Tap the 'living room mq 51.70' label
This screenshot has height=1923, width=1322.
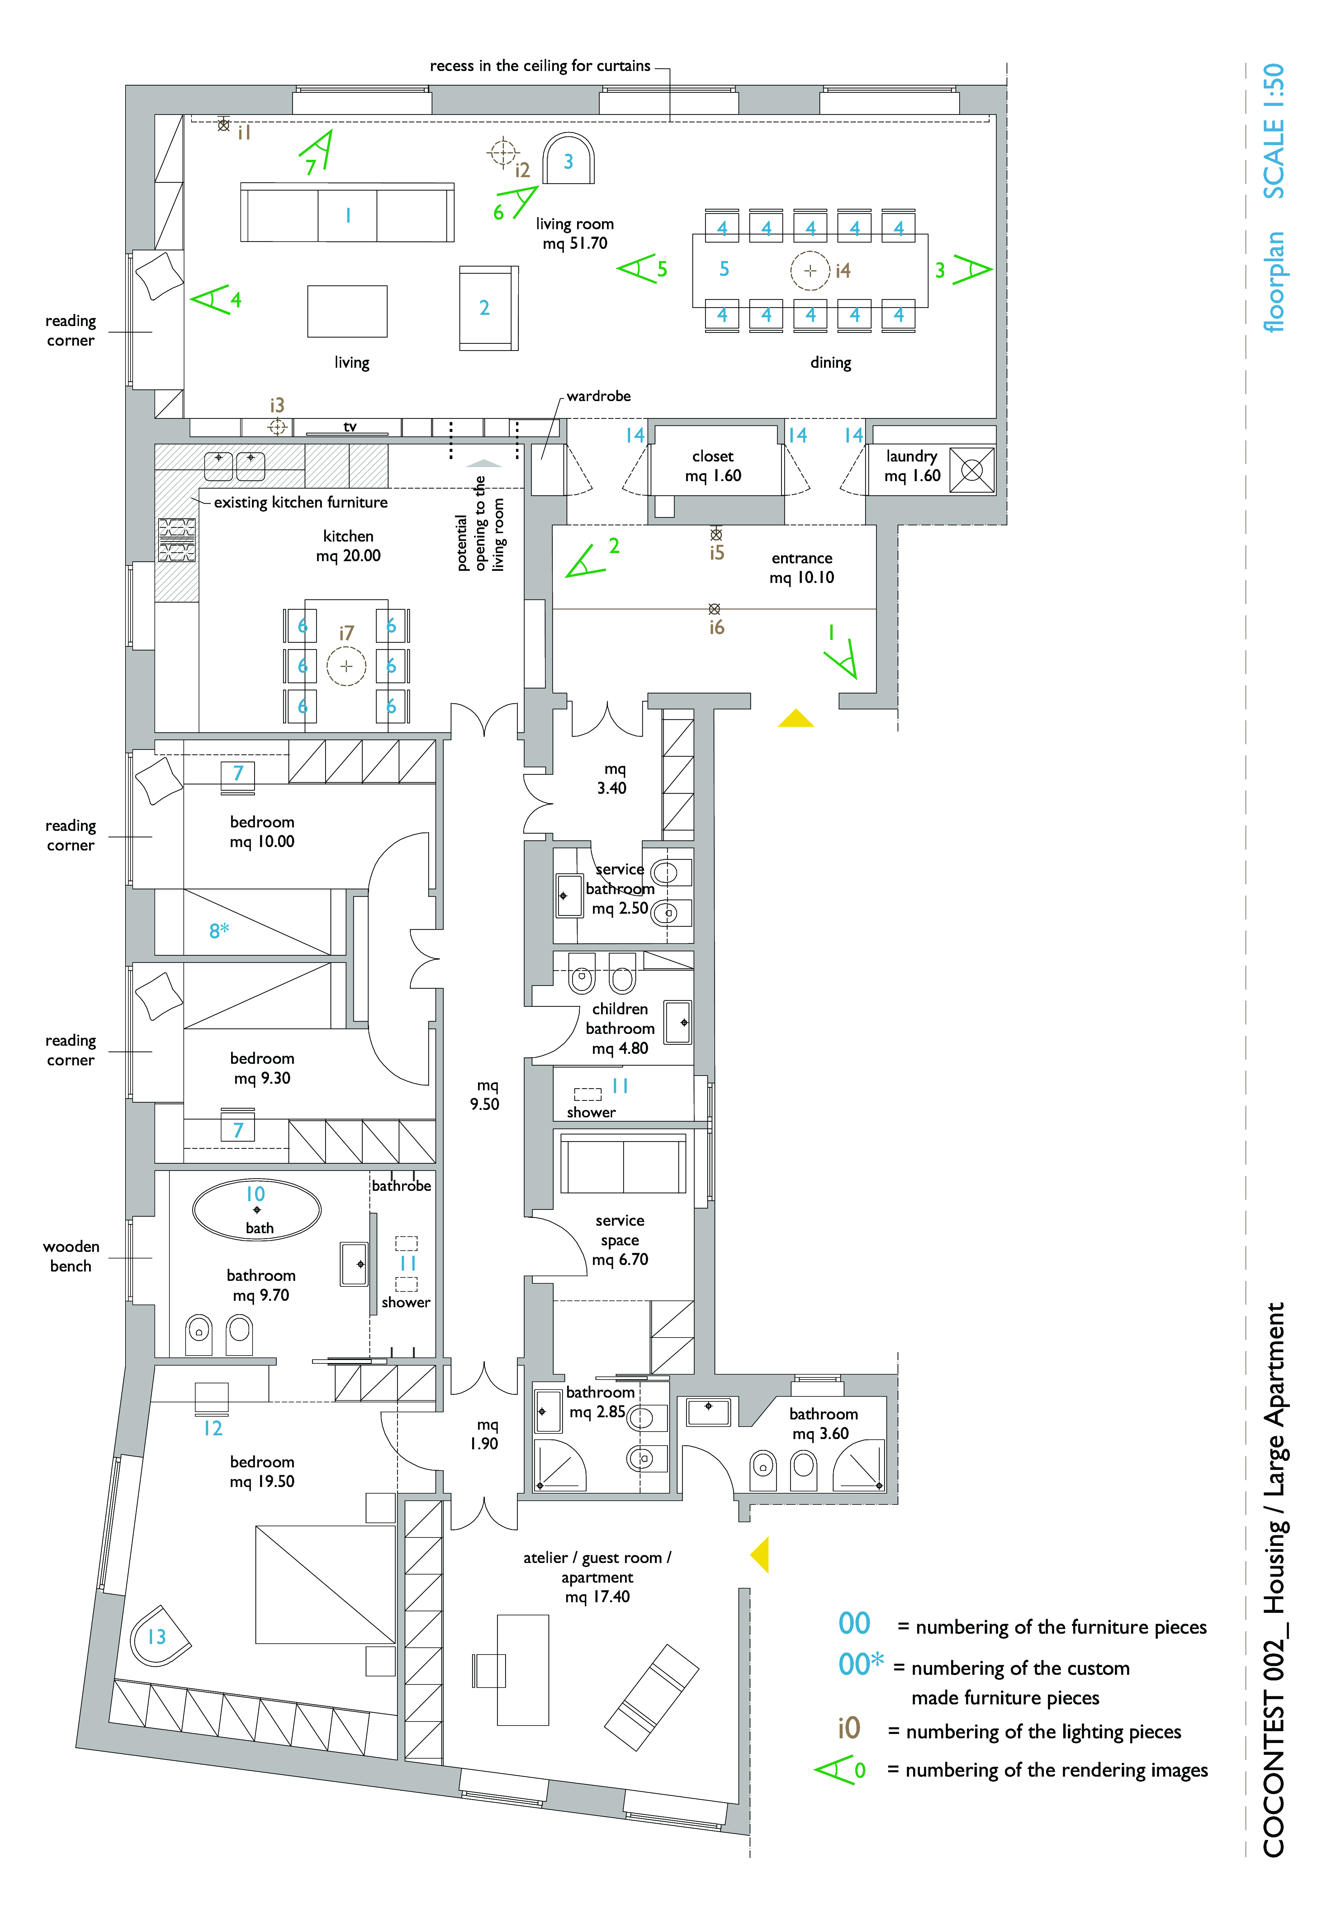click(x=575, y=234)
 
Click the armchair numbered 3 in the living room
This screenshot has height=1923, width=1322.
click(x=568, y=160)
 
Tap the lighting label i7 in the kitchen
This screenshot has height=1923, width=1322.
click(x=346, y=633)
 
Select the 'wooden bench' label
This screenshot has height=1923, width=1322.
click(x=71, y=1256)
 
